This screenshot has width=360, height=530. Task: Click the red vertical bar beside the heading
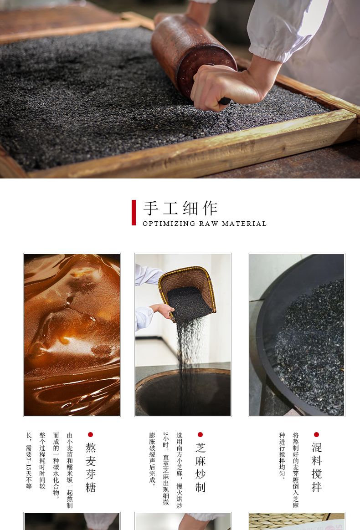coord(134,213)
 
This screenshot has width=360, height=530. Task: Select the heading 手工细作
coord(180,208)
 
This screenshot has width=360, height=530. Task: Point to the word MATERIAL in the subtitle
coord(244,224)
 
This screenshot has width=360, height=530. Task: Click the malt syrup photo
coord(72,335)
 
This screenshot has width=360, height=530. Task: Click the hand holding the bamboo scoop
coord(163,310)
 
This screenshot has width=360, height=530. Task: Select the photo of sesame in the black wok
coord(296,335)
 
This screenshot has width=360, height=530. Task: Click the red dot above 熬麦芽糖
coord(90,435)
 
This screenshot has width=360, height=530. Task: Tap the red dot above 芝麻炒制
coord(201,435)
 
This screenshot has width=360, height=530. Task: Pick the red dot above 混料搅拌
coord(316,435)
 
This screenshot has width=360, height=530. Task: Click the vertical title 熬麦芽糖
coord(90,468)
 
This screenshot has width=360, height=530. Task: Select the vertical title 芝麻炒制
coord(201,468)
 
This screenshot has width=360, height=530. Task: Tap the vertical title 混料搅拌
coord(317,467)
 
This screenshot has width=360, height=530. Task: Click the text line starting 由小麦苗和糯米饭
coord(70,470)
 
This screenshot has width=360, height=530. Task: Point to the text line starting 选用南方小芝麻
coord(180,470)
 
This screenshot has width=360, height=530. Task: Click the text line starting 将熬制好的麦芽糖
coord(296,470)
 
